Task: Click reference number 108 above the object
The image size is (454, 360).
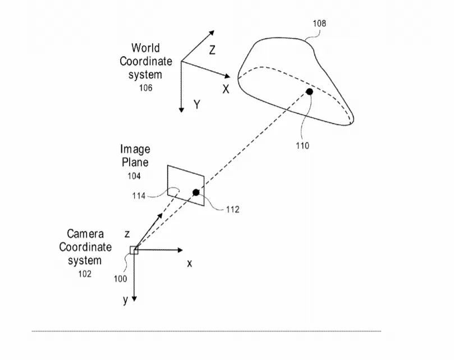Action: pyautogui.click(x=319, y=24)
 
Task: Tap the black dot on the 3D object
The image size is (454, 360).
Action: pyautogui.click(x=310, y=92)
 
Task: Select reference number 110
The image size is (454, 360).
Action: pyautogui.click(x=302, y=146)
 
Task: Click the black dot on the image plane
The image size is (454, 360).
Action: pyautogui.click(x=196, y=192)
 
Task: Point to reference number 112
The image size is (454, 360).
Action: pyautogui.click(x=233, y=210)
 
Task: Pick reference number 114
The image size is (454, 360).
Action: pyautogui.click(x=139, y=196)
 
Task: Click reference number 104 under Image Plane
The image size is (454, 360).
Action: pyautogui.click(x=134, y=176)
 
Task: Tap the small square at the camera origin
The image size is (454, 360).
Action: pyautogui.click(x=134, y=250)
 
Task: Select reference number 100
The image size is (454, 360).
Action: pyautogui.click(x=121, y=279)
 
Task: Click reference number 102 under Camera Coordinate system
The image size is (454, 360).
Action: pyautogui.click(x=85, y=274)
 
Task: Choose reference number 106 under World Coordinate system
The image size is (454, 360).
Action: pyautogui.click(x=146, y=88)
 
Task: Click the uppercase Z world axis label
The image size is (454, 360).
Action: pyautogui.click(x=212, y=50)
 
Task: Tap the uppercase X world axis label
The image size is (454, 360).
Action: pyautogui.click(x=226, y=89)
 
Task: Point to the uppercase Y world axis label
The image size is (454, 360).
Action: pyautogui.click(x=197, y=104)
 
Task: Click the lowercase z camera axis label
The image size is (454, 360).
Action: pyautogui.click(x=127, y=234)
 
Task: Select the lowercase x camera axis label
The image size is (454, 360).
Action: pyautogui.click(x=189, y=264)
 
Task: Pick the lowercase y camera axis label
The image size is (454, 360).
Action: pyautogui.click(x=125, y=300)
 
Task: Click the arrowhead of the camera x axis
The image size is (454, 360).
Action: pyautogui.click(x=180, y=250)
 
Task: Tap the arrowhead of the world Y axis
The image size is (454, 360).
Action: pyautogui.click(x=181, y=110)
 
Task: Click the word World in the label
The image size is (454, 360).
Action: pyautogui.click(x=145, y=48)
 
